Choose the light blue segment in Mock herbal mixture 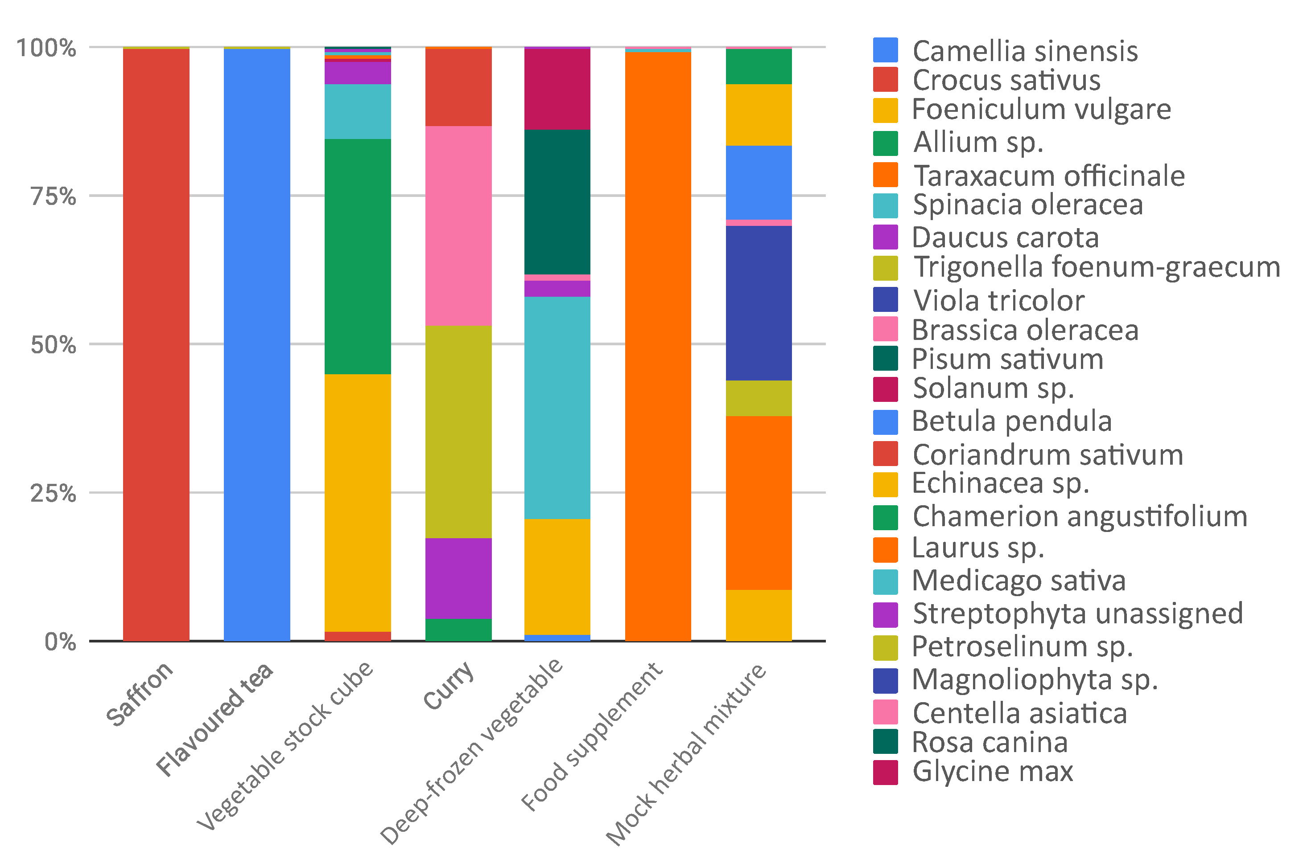[759, 182]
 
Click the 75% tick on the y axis [53, 196]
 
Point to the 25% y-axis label [53, 493]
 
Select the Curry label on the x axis [449, 685]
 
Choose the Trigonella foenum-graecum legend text [1097, 267]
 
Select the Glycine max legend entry [992, 771]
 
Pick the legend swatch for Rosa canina [885, 742]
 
